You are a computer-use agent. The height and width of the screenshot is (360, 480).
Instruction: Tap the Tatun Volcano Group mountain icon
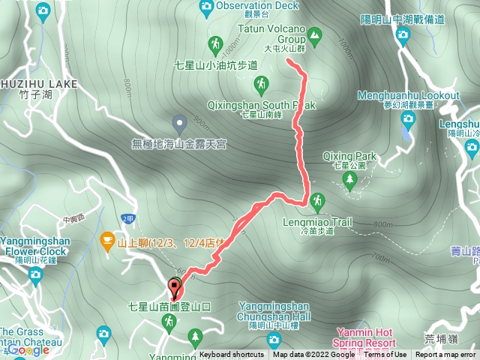(x=315, y=34)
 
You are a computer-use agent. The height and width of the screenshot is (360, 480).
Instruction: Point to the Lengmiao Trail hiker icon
(x=317, y=201)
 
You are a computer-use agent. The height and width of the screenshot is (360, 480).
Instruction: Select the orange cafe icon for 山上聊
(x=107, y=241)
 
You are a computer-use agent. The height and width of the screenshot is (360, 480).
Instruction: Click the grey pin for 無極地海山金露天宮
(x=179, y=121)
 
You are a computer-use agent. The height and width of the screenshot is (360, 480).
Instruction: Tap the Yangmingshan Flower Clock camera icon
(x=34, y=274)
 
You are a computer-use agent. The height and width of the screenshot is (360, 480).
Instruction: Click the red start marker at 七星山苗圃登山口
(x=175, y=286)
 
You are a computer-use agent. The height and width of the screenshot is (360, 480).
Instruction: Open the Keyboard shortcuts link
(x=232, y=355)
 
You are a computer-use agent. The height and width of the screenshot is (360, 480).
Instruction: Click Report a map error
(x=446, y=355)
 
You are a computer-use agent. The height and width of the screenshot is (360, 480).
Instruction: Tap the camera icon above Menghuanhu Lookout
(x=403, y=34)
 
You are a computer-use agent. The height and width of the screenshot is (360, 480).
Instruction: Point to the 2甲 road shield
(x=127, y=217)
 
